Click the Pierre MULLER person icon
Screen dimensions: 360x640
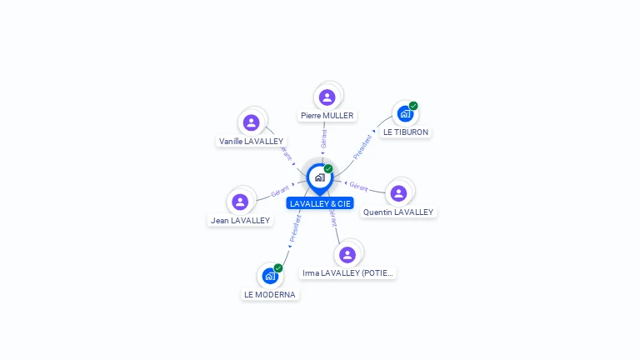(x=327, y=97)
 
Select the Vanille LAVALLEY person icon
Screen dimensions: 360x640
(x=251, y=123)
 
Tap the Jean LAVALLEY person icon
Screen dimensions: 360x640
(x=240, y=202)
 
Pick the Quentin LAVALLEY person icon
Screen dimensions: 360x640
(x=398, y=193)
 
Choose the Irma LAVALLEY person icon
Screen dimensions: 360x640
(x=347, y=254)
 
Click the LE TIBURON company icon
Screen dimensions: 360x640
(x=405, y=114)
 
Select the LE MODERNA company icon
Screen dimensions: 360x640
(x=269, y=276)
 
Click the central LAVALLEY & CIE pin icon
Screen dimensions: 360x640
(x=319, y=177)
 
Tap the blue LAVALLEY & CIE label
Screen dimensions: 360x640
(x=320, y=203)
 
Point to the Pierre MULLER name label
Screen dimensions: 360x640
(x=327, y=116)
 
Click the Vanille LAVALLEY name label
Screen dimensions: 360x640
(x=251, y=142)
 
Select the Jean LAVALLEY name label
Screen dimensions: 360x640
(x=240, y=220)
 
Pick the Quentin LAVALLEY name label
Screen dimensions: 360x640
(x=398, y=212)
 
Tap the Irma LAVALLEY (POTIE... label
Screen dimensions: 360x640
(x=347, y=272)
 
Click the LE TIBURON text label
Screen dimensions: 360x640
(x=406, y=132)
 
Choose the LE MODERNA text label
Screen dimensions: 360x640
(x=269, y=294)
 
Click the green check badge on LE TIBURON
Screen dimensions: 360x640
(x=413, y=106)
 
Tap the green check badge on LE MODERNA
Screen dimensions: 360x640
(x=277, y=267)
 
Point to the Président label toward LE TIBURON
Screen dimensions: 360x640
(x=363, y=147)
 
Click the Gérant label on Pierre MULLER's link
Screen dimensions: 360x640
(x=324, y=138)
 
